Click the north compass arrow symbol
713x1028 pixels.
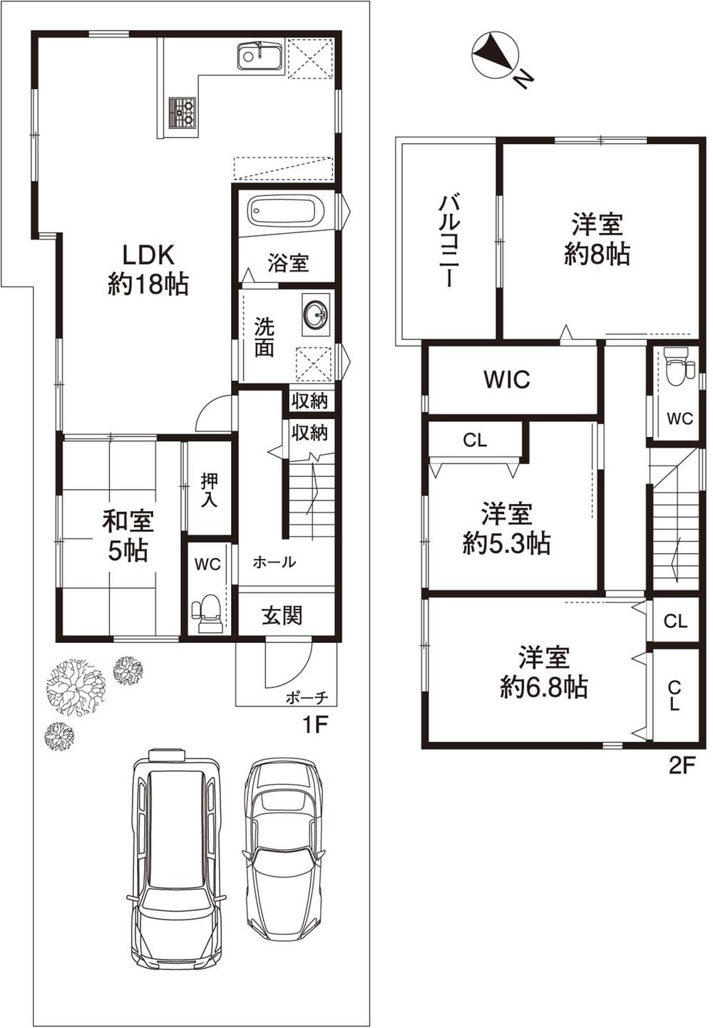(493, 52)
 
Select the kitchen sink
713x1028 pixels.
(260, 55)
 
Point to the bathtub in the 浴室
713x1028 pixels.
(286, 212)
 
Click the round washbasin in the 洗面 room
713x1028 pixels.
(315, 314)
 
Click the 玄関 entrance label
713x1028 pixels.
(282, 615)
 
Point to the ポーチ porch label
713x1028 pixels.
(307, 697)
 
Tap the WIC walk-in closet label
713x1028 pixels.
(507, 379)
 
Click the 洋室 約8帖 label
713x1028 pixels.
(597, 240)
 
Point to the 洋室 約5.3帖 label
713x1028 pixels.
(506, 529)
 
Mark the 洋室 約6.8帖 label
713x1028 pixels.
(543, 671)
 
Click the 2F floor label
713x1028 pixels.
(681, 766)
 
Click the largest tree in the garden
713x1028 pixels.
(75, 686)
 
